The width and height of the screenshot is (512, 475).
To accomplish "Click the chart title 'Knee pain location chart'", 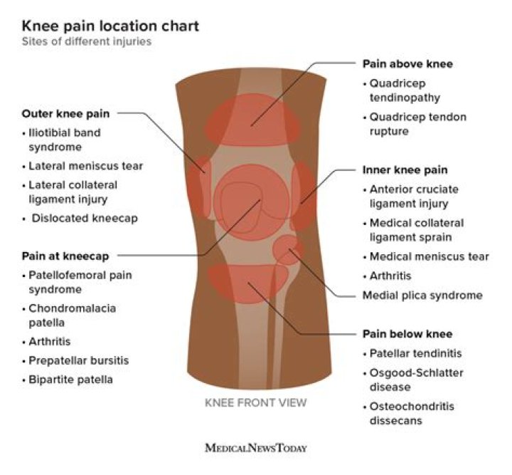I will (110, 26).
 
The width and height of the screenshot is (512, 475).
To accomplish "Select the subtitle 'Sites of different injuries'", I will (86, 42).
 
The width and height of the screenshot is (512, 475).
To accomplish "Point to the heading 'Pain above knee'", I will (407, 64).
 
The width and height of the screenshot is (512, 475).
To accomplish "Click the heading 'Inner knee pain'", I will (405, 170).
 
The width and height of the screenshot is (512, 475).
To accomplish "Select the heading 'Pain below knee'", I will (407, 333).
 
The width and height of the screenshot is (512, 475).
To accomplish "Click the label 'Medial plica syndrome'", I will (422, 295).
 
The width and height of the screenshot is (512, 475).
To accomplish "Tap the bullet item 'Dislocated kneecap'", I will (83, 219).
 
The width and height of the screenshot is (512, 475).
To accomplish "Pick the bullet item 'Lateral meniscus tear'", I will (85, 166).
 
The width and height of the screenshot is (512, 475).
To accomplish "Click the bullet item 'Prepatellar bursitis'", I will (78, 360).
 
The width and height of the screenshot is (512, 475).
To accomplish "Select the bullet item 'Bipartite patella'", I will (70, 380).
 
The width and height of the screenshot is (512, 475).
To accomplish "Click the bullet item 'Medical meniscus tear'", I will (429, 256).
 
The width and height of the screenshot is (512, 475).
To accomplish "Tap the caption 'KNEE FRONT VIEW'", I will (256, 403).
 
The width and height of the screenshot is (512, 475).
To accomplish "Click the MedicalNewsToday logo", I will (256, 448).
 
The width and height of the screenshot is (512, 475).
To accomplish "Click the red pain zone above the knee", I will (252, 123).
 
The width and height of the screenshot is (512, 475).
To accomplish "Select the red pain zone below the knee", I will (248, 283).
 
